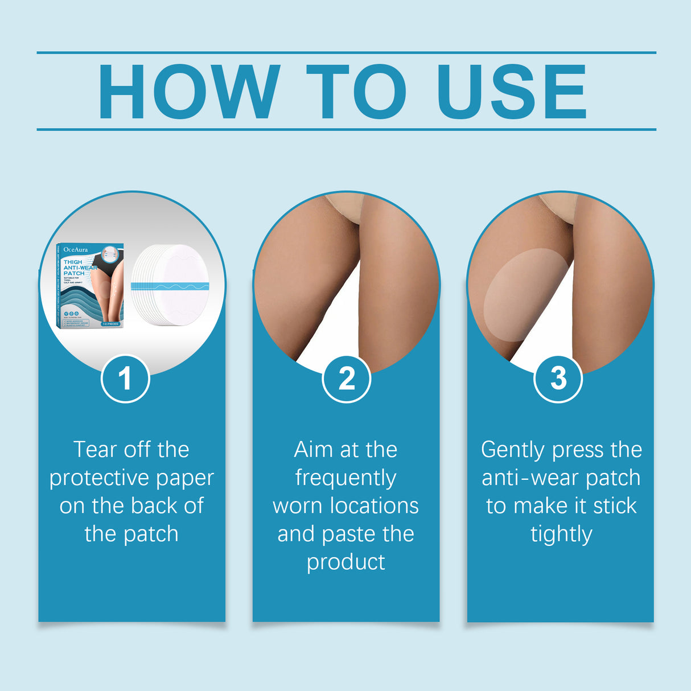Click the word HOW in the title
tap(188, 92)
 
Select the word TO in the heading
tap(356, 92)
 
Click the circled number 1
tap(125, 379)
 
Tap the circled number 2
tap(346, 379)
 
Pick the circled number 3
tap(558, 379)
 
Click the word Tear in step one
tap(95, 450)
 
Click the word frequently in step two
tap(345, 478)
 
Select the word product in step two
tap(345, 562)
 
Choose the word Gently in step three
tap(513, 450)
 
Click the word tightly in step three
tap(561, 534)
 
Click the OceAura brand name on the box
tap(76, 249)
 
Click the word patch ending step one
tap(151, 534)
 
